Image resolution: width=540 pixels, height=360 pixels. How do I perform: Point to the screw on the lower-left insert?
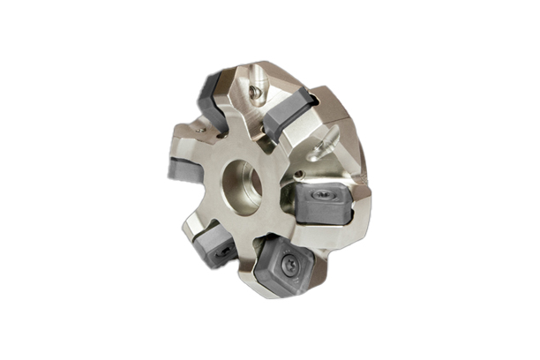point(220,248)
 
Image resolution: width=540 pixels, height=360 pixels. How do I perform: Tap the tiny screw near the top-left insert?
point(202,131)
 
